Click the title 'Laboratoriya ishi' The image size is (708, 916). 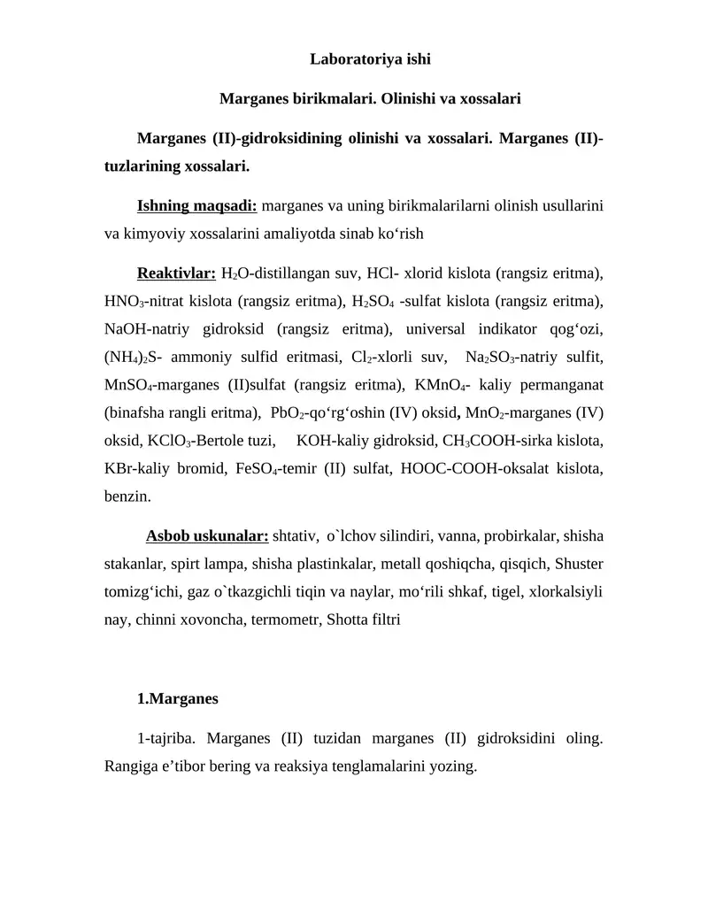[370, 60]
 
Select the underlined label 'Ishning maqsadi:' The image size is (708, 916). [197, 206]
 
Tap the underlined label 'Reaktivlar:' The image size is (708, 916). [176, 273]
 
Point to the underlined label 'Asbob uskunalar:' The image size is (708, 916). [207, 536]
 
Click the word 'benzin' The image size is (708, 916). [127, 496]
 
